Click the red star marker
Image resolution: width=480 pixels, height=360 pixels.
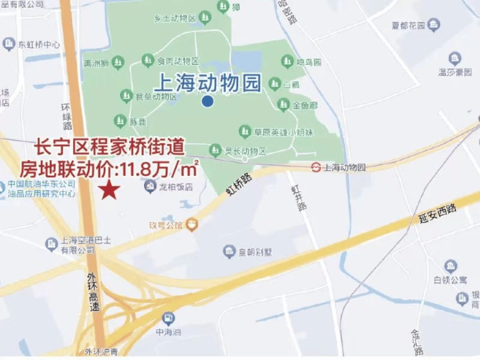click(110, 190)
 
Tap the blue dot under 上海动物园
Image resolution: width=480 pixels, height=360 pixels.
click(207, 101)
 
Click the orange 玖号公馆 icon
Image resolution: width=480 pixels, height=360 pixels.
click(192, 225)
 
